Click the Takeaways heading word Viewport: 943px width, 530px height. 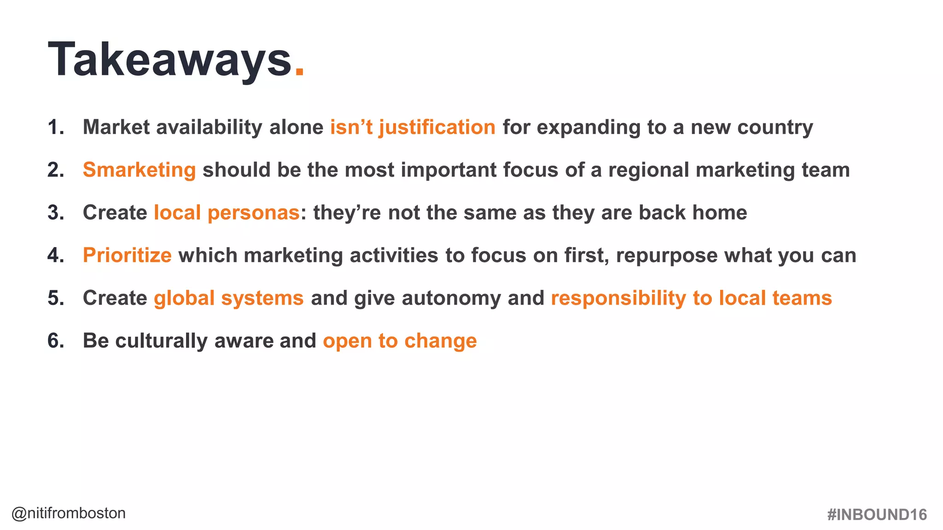coord(169,60)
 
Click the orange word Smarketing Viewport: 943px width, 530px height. coord(139,170)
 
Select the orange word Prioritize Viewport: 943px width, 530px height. coord(127,255)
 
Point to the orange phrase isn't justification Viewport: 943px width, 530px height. coord(413,127)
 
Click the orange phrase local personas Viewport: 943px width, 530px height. coord(227,213)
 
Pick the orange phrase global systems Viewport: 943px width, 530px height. coord(228,298)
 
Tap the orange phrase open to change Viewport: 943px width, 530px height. coord(400,341)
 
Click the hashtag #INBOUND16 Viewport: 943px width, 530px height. coord(877,514)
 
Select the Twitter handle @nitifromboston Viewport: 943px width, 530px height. coord(69,513)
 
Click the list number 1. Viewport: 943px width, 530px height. coord(55,127)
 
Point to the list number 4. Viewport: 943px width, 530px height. coord(55,255)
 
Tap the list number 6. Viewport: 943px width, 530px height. coord(55,341)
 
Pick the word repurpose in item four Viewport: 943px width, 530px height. coord(666,256)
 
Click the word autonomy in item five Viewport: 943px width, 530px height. coord(451,298)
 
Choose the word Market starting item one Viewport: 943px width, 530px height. coord(116,127)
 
